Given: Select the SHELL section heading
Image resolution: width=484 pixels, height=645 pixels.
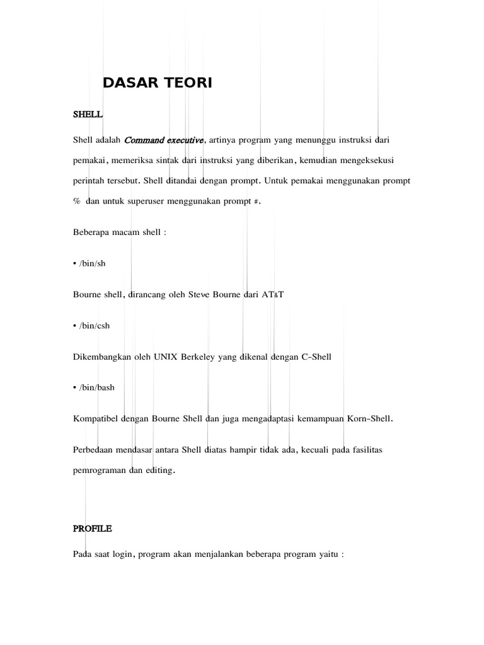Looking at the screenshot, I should tap(88, 115).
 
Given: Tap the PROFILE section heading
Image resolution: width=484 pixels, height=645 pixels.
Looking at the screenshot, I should tap(92, 528).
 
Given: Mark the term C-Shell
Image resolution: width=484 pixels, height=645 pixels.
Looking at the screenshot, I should tap(314, 357).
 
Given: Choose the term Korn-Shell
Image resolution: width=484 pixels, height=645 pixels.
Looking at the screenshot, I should tap(370, 418).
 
